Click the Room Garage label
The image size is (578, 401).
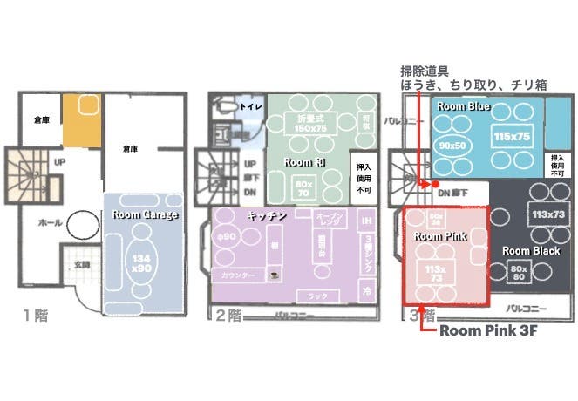[x=145, y=214]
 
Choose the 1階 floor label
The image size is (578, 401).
[x=36, y=316]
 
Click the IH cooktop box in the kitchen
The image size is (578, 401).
[x=366, y=221]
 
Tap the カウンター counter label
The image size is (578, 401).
[x=238, y=275]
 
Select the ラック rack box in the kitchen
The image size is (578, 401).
[x=318, y=296]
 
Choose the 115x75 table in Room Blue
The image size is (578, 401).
[x=512, y=138]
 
